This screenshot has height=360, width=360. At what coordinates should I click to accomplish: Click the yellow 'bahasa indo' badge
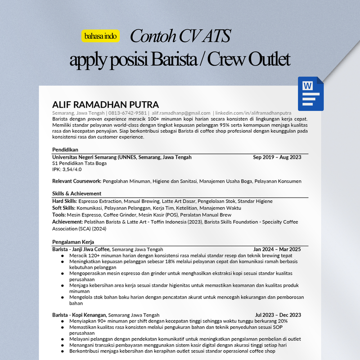(x=101, y=36)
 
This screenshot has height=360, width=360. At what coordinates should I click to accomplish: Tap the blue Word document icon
(x=310, y=94)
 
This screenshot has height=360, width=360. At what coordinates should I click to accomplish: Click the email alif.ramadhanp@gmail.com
(x=181, y=112)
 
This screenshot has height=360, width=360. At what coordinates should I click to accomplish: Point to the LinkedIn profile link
(x=253, y=112)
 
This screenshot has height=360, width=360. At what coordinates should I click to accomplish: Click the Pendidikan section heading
(x=66, y=149)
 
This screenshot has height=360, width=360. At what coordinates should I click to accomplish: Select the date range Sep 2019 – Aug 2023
(x=277, y=157)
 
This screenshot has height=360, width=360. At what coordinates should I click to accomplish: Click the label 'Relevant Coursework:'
(x=77, y=181)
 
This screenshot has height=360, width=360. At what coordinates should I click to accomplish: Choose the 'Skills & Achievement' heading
(x=76, y=193)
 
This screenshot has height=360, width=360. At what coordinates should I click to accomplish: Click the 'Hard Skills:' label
(x=65, y=201)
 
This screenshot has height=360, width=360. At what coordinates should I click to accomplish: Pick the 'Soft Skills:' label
(x=64, y=208)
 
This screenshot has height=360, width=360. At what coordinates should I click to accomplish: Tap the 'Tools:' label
(x=59, y=215)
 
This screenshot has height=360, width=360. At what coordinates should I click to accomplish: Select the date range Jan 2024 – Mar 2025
(x=277, y=249)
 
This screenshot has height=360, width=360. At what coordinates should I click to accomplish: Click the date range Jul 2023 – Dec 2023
(x=278, y=315)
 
